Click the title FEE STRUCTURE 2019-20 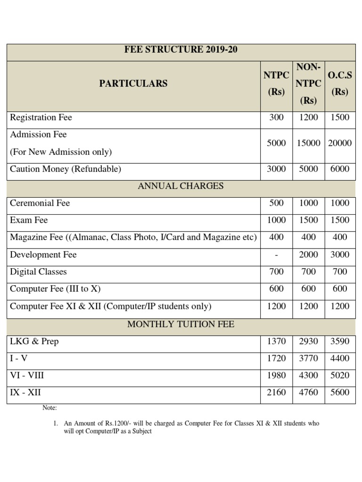pyautogui.click(x=181, y=49)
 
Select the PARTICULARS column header pyautogui.click(x=133, y=83)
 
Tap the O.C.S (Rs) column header pyautogui.click(x=339, y=83)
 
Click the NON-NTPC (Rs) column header pyautogui.click(x=308, y=83)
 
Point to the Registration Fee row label pyautogui.click(x=41, y=117)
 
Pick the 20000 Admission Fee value pyautogui.click(x=339, y=143)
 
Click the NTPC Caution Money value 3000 pyautogui.click(x=276, y=169)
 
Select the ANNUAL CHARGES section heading pyautogui.click(x=181, y=186)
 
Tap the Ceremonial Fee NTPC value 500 pyautogui.click(x=276, y=203)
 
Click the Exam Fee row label pyautogui.click(x=29, y=220)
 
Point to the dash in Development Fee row pyautogui.click(x=276, y=255)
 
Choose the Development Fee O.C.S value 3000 pyautogui.click(x=339, y=255)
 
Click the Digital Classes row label pyautogui.click(x=38, y=272)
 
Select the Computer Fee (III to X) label pyautogui.click(x=55, y=289)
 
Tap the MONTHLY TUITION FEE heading pyautogui.click(x=181, y=324)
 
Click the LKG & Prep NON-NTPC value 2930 pyautogui.click(x=308, y=341)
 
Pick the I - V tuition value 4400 pyautogui.click(x=339, y=358)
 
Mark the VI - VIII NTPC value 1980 pyautogui.click(x=276, y=376)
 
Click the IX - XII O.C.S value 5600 pyautogui.click(x=339, y=393)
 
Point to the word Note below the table pyautogui.click(x=49, y=408)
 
